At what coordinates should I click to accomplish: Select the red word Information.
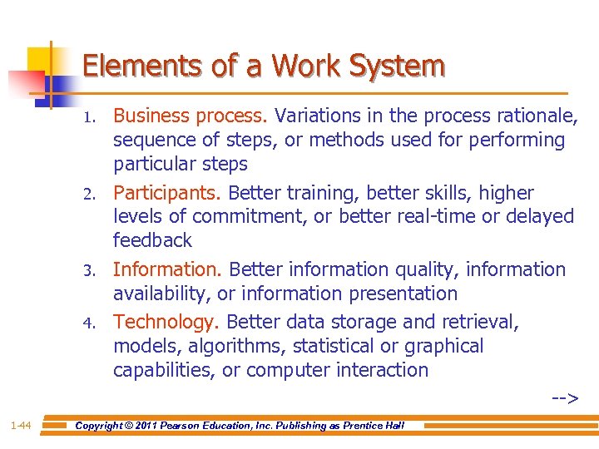168,269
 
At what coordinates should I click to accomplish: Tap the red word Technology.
166,322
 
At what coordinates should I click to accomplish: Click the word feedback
152,241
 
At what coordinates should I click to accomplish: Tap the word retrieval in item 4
478,322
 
